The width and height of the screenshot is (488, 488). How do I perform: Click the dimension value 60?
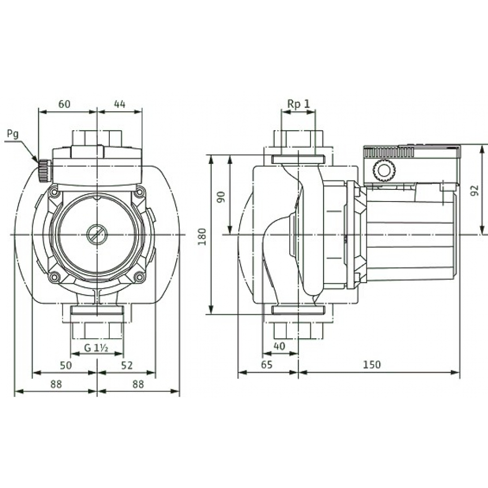coord(64,104)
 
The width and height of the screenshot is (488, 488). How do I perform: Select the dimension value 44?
coord(120,104)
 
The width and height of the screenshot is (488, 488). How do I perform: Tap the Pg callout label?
coord(13,134)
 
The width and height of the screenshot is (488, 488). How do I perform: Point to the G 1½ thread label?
coord(95,347)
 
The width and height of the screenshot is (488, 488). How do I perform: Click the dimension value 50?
coord(65,365)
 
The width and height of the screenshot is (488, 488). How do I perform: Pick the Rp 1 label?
coord(298,103)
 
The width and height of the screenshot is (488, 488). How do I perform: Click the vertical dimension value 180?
coord(203,235)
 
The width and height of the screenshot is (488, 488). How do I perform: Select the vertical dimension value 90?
coord(221,197)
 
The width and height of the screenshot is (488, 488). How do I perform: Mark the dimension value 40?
coord(279,346)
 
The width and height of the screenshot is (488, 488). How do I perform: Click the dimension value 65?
coord(267,365)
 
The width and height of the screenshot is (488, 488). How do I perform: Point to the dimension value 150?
coord(372,365)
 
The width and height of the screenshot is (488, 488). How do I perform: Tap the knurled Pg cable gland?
coord(44,169)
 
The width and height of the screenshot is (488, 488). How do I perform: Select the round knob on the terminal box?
coord(382,171)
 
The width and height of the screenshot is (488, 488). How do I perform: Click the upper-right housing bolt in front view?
coord(140,192)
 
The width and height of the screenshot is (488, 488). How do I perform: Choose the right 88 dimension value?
coord(138,384)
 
